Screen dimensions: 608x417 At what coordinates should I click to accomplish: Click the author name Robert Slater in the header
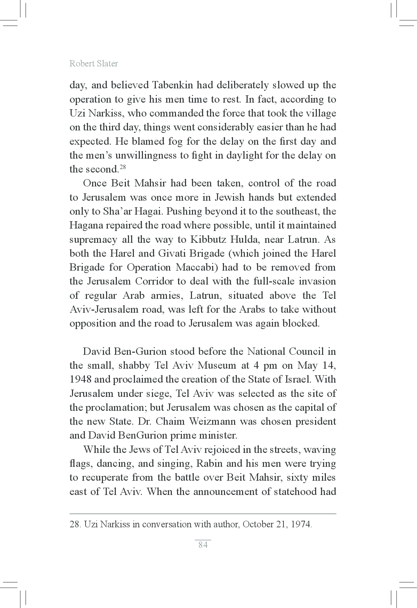(x=94, y=64)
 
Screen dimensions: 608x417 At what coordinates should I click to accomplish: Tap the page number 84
(x=203, y=545)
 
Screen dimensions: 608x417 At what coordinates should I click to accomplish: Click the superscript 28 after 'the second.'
(x=122, y=167)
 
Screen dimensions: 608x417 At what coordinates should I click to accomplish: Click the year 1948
(x=81, y=379)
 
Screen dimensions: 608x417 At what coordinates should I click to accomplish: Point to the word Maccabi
(x=197, y=267)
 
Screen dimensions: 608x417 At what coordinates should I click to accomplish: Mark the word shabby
(x=134, y=366)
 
